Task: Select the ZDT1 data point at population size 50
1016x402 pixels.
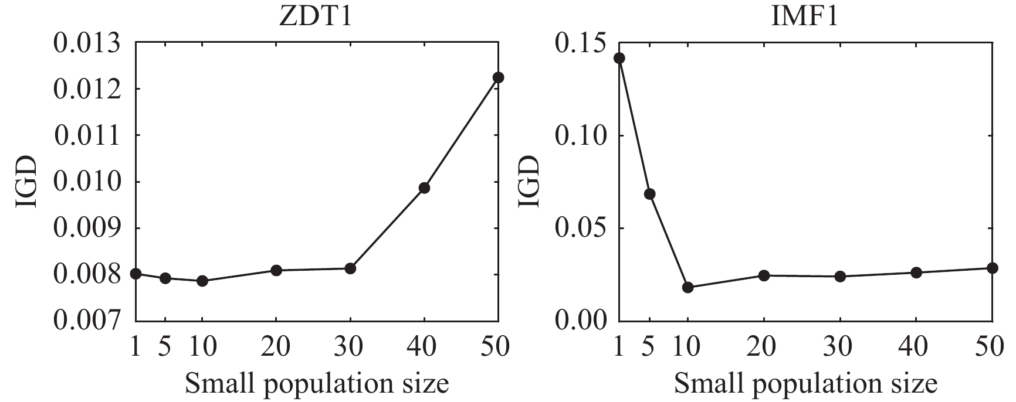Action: pyautogui.click(x=498, y=77)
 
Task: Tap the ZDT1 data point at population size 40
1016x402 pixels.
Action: pyautogui.click(x=424, y=188)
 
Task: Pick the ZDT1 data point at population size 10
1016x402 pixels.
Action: pyautogui.click(x=202, y=281)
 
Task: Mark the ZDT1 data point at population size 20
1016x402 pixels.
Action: pyautogui.click(x=276, y=270)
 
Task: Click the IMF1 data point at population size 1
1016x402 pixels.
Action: pyautogui.click(x=619, y=58)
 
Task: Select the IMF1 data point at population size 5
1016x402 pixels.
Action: pyautogui.click(x=649, y=194)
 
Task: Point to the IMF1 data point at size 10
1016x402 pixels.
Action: pyautogui.click(x=688, y=287)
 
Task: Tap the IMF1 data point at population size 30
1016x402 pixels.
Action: pyautogui.click(x=840, y=277)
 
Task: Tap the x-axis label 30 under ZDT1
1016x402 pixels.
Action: pyautogui.click(x=350, y=348)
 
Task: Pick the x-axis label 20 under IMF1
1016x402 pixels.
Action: pyautogui.click(x=764, y=348)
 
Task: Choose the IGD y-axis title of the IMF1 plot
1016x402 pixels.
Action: pyautogui.click(x=527, y=182)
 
